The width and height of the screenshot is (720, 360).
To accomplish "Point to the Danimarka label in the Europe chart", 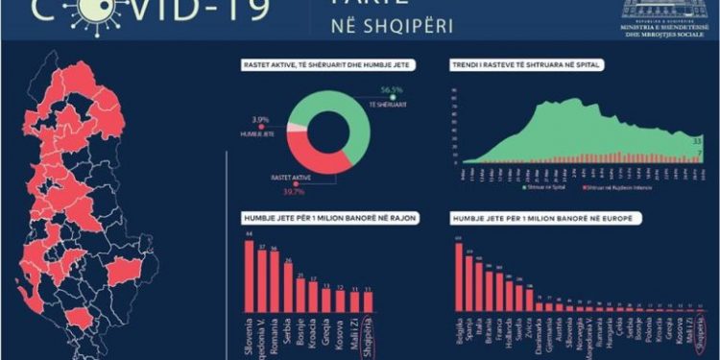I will (x=544, y=332).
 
